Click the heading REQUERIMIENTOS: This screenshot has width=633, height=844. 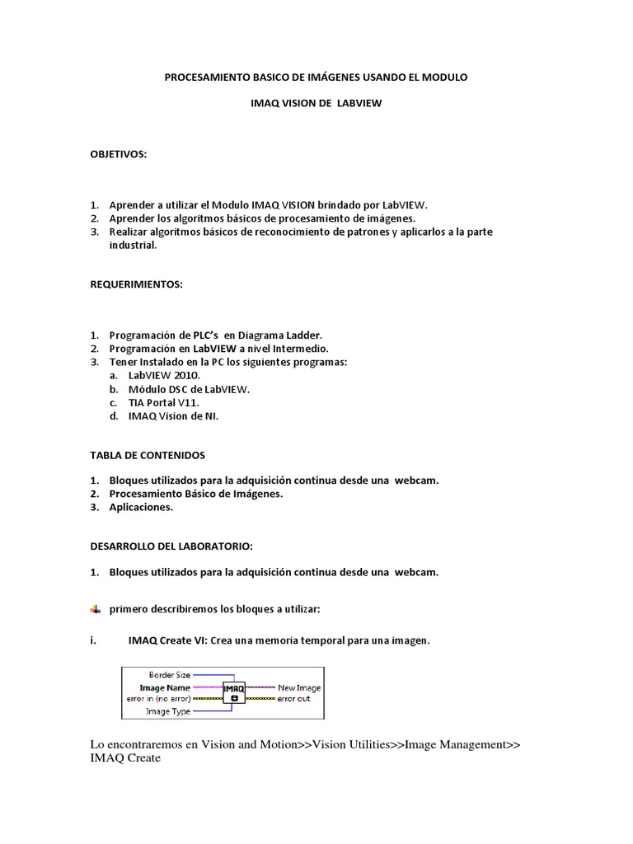coord(137,284)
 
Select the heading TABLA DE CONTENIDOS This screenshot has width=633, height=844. coord(148,454)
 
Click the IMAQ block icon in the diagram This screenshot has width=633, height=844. coord(235,691)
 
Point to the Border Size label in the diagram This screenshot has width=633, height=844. coord(169,674)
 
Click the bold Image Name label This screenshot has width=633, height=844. coord(165,687)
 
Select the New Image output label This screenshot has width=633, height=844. coord(299,687)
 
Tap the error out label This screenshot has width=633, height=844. coord(293,698)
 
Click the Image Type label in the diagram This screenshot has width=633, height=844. coord(168,710)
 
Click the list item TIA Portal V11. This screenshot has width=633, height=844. coord(163,402)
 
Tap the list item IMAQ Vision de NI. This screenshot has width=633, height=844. coord(173,415)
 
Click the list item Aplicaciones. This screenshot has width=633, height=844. coord(141,507)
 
